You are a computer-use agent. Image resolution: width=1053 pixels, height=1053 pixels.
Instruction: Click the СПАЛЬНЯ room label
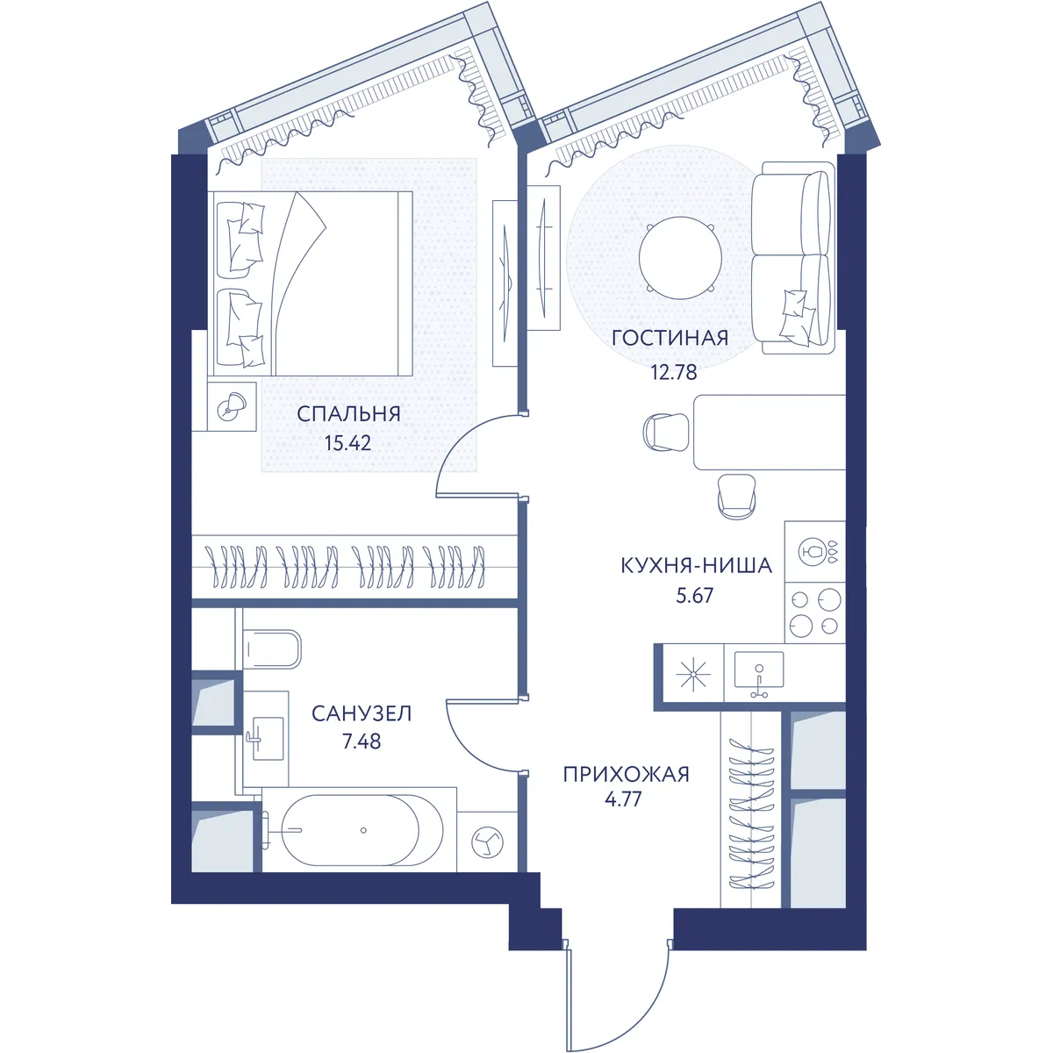(x=348, y=414)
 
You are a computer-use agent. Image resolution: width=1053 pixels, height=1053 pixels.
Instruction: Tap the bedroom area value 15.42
(x=348, y=442)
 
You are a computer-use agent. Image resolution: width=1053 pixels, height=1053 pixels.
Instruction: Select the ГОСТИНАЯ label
(x=670, y=338)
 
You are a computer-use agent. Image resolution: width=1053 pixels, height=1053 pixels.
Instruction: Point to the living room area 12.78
(x=674, y=373)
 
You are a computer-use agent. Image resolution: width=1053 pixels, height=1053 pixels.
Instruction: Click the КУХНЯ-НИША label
(x=696, y=566)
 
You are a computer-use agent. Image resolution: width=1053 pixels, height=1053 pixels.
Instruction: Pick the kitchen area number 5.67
(x=694, y=595)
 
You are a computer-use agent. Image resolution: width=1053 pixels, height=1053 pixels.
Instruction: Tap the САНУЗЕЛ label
(x=362, y=713)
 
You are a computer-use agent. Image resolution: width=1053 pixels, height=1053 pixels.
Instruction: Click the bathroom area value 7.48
(x=362, y=741)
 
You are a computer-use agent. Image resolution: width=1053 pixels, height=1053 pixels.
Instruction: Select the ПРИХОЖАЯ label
(x=627, y=774)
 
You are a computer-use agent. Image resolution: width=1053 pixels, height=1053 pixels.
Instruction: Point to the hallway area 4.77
(x=623, y=799)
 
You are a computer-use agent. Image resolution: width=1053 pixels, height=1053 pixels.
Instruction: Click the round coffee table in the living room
(x=680, y=258)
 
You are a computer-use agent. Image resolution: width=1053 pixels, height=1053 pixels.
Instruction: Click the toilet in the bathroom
(x=271, y=649)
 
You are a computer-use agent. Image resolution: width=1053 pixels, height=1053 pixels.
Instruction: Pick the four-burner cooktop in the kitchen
(x=814, y=612)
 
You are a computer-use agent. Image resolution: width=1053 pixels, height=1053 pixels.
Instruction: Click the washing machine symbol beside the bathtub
(x=487, y=842)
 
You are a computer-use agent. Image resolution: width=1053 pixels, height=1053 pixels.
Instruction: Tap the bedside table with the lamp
(x=232, y=406)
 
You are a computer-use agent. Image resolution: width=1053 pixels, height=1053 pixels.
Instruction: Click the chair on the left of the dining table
(x=666, y=432)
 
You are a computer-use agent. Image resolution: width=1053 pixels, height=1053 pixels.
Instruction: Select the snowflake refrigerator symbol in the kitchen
(x=693, y=674)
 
